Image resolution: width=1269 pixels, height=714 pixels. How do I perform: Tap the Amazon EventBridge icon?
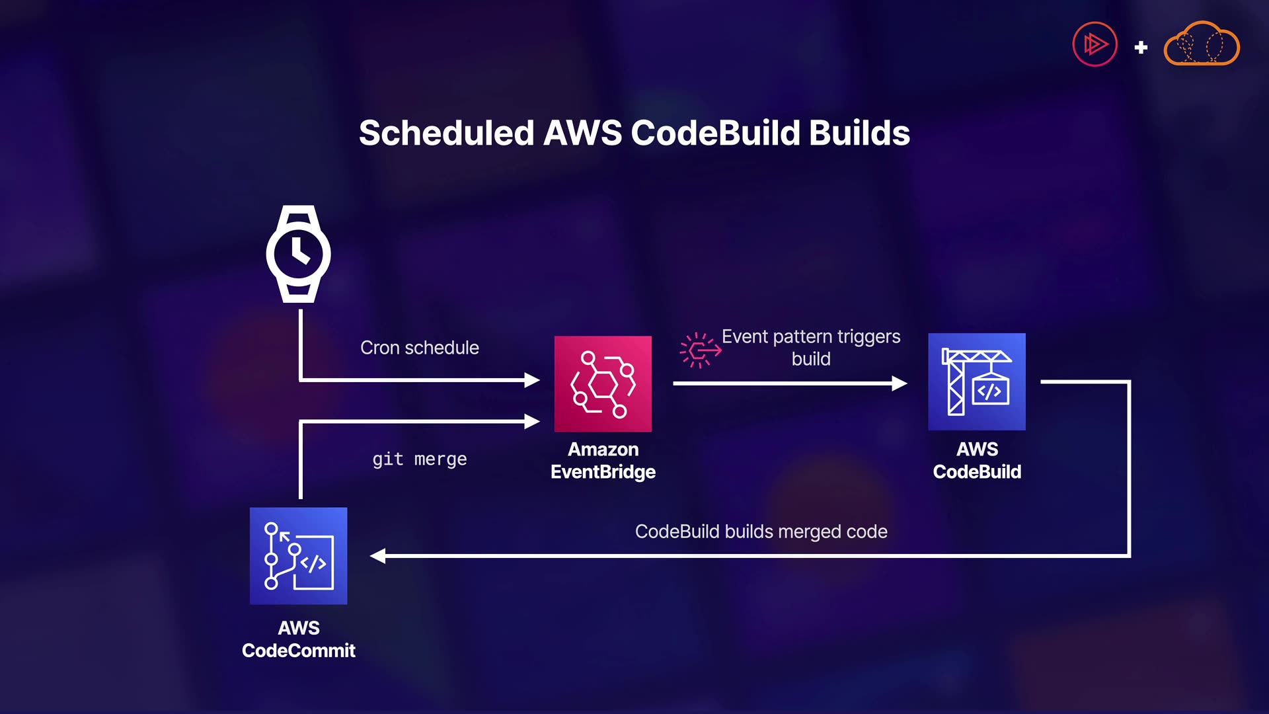tap(603, 383)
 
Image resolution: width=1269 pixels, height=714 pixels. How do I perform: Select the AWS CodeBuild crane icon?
tap(977, 381)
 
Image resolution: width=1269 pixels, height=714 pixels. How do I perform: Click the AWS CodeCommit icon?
tap(298, 556)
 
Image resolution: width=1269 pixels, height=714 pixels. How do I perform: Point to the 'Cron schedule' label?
tap(419, 348)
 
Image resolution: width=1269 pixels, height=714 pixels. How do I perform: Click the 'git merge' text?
tap(419, 459)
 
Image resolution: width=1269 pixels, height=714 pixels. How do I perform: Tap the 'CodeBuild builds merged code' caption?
tap(761, 532)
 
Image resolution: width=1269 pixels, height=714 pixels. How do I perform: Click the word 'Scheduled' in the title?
tap(446, 133)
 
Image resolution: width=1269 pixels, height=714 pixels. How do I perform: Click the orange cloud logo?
tap(1201, 44)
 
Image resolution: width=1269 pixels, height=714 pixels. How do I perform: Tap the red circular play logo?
tap(1095, 44)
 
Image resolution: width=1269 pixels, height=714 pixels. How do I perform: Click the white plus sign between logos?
tap(1141, 48)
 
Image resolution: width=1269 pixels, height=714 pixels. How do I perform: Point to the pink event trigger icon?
tap(700, 350)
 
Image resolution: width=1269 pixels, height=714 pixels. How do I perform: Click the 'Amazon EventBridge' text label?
tap(603, 461)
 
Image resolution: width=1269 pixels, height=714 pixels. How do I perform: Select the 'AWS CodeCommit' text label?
tap(298, 639)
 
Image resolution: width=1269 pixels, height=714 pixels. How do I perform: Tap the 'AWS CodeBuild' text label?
tap(977, 461)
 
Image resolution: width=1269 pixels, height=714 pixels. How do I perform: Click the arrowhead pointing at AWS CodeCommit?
tap(378, 556)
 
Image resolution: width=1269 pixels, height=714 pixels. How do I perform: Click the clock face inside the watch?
tap(298, 254)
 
